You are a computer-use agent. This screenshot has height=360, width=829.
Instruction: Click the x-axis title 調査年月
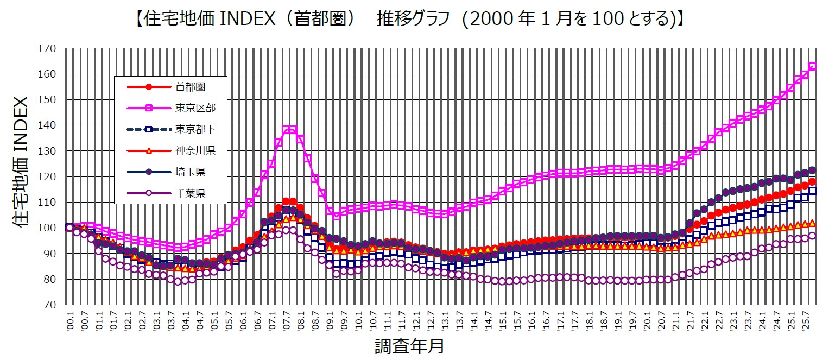tap(410, 345)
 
